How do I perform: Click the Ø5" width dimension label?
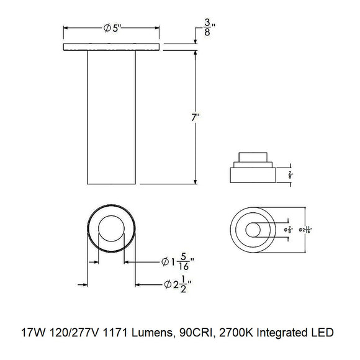pyautogui.click(x=112, y=29)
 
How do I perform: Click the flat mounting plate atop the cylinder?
pyautogui.click(x=112, y=47)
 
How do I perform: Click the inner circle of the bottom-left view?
pyautogui.click(x=112, y=232)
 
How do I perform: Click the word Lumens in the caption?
pyautogui.click(x=142, y=333)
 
